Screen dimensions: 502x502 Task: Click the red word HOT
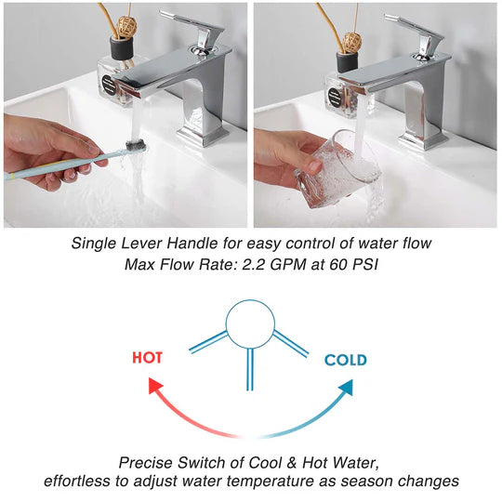tap(150, 356)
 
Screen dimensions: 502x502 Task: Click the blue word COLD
tap(345, 360)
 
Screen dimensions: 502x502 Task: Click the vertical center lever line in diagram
tap(249, 370)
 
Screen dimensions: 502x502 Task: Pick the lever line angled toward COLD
tap(291, 343)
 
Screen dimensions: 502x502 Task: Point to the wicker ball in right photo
tap(351, 41)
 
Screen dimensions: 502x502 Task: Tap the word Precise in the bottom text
tap(145, 462)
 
